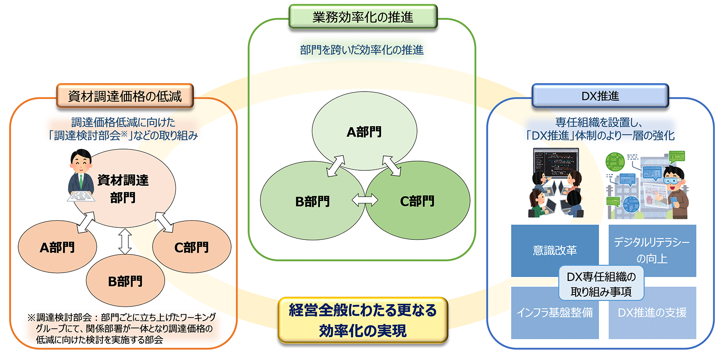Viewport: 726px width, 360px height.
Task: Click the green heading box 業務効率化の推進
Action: click(363, 17)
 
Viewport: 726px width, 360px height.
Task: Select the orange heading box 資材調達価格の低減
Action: click(125, 96)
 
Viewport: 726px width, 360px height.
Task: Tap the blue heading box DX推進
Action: click(600, 96)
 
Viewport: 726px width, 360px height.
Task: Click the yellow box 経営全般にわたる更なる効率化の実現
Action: click(363, 320)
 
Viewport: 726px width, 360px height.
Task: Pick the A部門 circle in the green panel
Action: click(364, 131)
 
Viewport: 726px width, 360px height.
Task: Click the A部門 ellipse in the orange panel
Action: click(57, 247)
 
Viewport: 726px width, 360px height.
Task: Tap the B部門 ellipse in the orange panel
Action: click(125, 281)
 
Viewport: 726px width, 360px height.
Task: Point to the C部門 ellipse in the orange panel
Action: click(192, 247)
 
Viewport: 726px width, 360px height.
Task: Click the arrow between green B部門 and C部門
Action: click(365, 201)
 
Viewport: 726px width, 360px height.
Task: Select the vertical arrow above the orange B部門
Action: click(125, 241)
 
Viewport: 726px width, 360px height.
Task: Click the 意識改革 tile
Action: click(554, 250)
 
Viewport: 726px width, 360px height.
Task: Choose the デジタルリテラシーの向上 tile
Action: click(652, 250)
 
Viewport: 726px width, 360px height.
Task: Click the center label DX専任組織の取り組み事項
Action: click(601, 284)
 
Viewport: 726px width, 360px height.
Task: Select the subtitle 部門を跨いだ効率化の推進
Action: click(362, 50)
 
